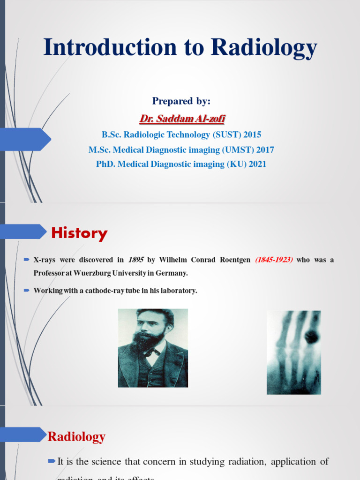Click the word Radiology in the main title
[x=264, y=48]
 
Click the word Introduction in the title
[x=110, y=48]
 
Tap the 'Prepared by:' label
[x=181, y=101]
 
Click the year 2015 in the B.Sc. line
[x=252, y=135]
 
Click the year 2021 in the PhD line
[x=257, y=164]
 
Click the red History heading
[x=79, y=233]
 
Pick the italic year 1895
[x=135, y=260]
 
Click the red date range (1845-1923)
[x=274, y=260]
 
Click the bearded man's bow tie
[x=151, y=352]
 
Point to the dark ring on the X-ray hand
[x=311, y=337]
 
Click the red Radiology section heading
[x=76, y=437]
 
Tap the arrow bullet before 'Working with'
[x=27, y=290]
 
